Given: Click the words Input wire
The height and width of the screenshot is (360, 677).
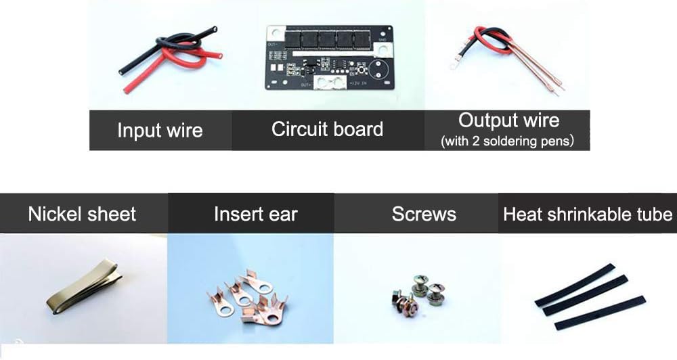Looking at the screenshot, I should click(x=160, y=130).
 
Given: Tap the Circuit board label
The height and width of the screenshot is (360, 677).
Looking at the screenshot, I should click(x=327, y=129).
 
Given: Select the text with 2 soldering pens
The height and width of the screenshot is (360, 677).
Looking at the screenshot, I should click(x=508, y=142).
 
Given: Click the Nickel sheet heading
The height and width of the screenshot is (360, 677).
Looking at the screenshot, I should click(x=82, y=215).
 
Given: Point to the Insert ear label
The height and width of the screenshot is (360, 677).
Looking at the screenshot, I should click(x=255, y=215).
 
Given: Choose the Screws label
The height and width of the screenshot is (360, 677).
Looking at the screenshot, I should click(x=424, y=215).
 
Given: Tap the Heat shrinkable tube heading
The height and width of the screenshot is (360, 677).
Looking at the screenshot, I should click(x=588, y=215).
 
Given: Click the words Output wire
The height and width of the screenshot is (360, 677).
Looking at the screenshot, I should click(x=509, y=120).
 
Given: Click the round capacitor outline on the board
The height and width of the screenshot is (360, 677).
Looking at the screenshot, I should click(x=377, y=71).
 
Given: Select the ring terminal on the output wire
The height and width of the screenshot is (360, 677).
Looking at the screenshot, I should click(x=452, y=66).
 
